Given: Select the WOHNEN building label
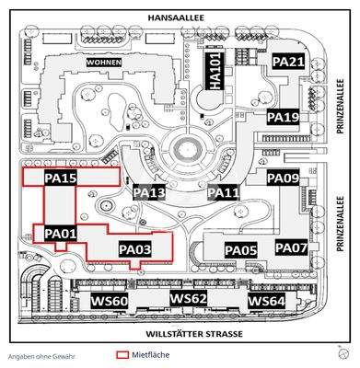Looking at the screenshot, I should (104, 62).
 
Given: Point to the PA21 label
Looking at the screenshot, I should (288, 62).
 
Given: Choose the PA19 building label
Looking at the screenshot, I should (283, 118).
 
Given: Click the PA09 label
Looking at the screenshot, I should (283, 178).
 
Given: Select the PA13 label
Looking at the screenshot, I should (148, 192).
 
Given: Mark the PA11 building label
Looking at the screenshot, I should (224, 192).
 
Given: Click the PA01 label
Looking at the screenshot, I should (60, 235).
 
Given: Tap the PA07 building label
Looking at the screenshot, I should (291, 248).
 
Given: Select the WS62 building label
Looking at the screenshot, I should (188, 300).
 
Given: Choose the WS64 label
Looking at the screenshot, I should (266, 301).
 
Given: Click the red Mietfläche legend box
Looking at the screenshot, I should (122, 354).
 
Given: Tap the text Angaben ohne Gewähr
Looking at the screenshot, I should (42, 355).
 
